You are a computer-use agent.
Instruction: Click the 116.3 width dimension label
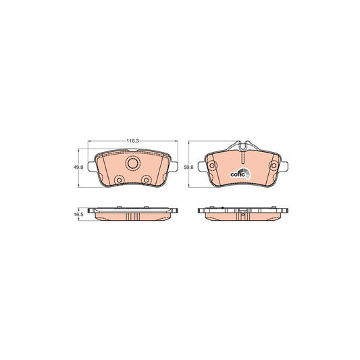point(132,141)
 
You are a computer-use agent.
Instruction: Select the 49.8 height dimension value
point(78,168)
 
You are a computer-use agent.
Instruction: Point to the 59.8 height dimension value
point(188,168)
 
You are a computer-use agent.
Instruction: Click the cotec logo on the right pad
point(240,174)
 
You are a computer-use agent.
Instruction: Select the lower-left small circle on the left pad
point(119,180)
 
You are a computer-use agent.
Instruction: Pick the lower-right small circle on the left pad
point(147,180)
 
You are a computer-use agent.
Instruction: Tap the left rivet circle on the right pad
point(212,165)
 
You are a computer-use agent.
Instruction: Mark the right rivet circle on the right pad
point(274,165)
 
